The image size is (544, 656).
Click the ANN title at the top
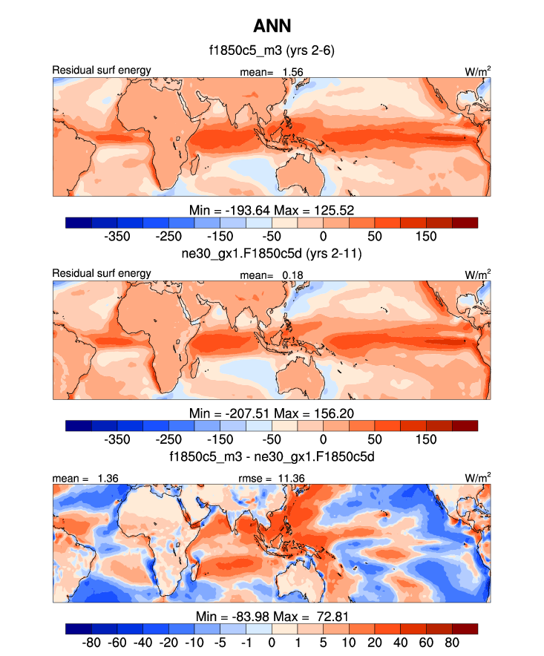coord(272,27)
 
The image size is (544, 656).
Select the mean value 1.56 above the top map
coord(292,71)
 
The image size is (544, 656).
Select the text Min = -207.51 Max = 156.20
coord(272,412)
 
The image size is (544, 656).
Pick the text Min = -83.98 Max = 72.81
coord(272,617)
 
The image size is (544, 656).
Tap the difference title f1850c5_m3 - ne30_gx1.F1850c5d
coord(272,456)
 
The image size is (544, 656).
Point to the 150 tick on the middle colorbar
coord(426,440)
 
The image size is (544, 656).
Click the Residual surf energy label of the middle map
coord(102,273)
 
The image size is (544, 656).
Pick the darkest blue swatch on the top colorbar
coord(79,222)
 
